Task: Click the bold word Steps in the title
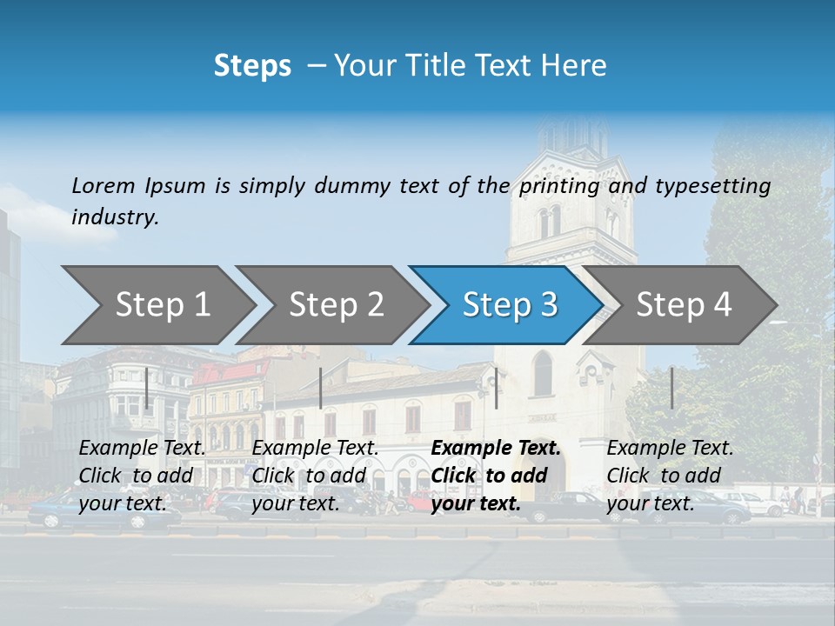pyautogui.click(x=252, y=65)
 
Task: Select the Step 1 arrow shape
pyautogui.click(x=157, y=304)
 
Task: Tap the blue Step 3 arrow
pyautogui.click(x=506, y=304)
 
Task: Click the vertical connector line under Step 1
pyautogui.click(x=147, y=388)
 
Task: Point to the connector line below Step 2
pyautogui.click(x=321, y=388)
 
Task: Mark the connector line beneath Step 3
pyautogui.click(x=496, y=388)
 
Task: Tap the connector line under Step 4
pyautogui.click(x=671, y=388)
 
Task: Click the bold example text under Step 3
pyautogui.click(x=496, y=476)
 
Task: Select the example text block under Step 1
pyautogui.click(x=142, y=476)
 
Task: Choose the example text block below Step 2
pyautogui.click(x=315, y=476)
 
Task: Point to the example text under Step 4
pyautogui.click(x=670, y=476)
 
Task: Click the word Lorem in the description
pyautogui.click(x=104, y=185)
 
